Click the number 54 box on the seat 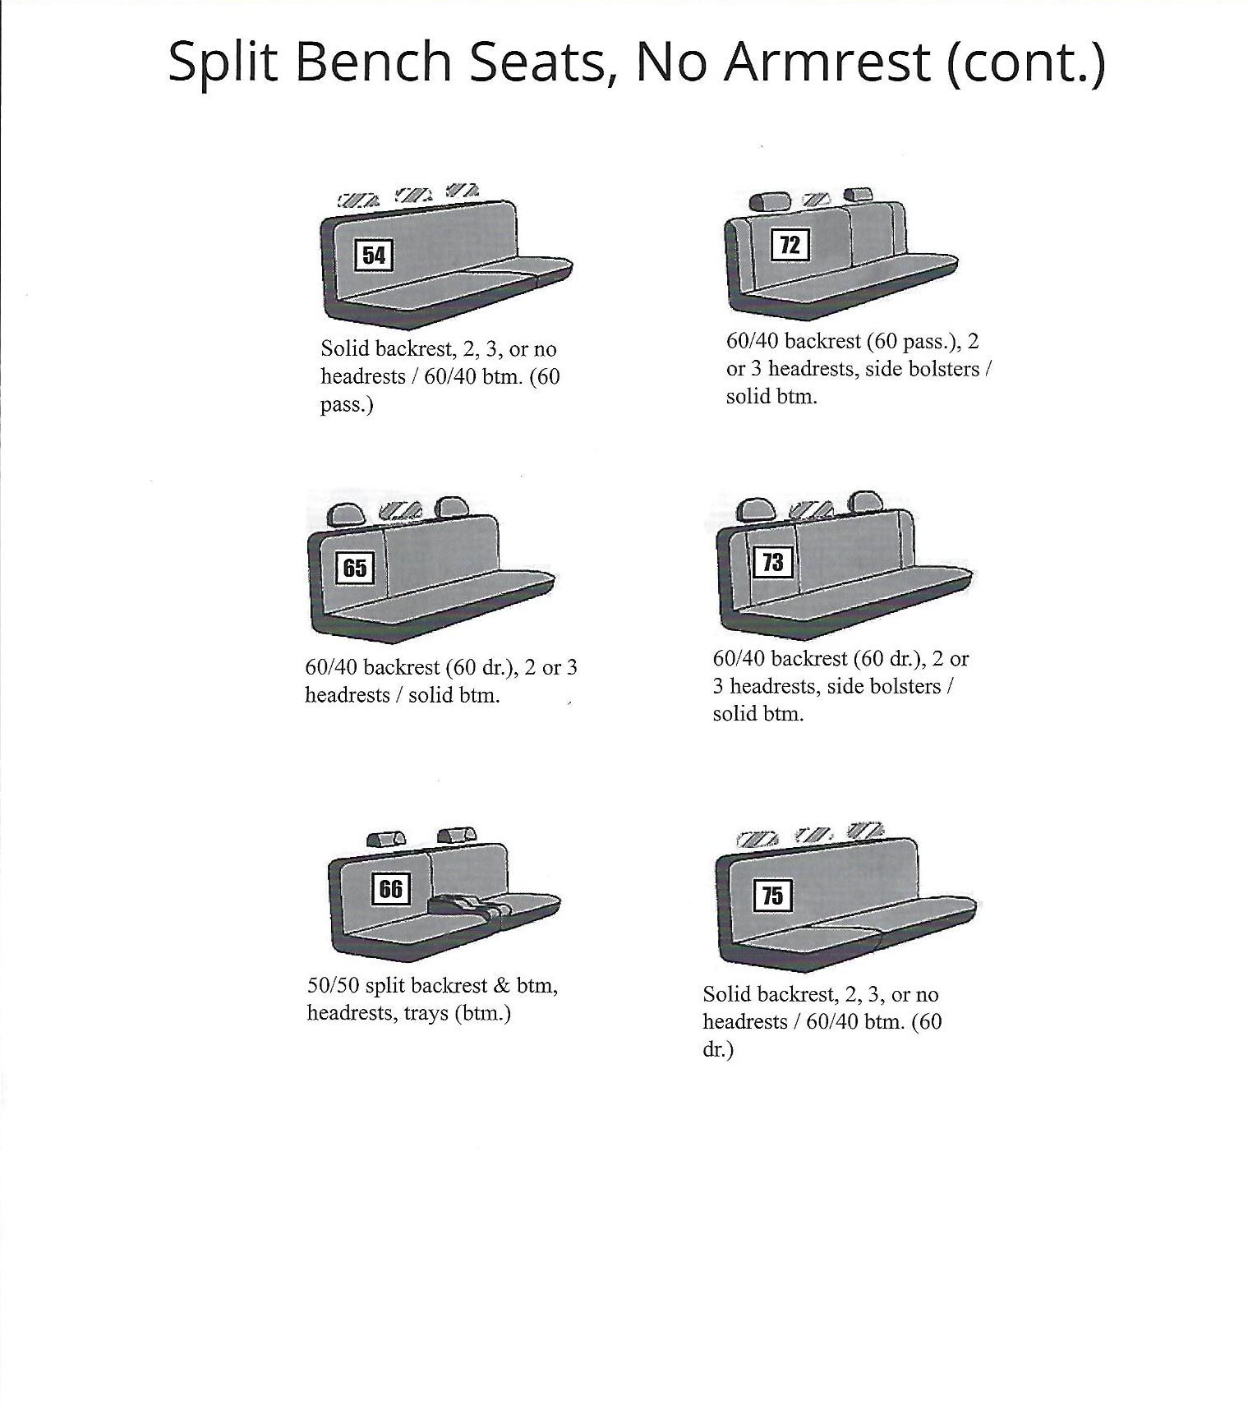pyautogui.click(x=374, y=255)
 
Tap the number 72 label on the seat pyautogui.click(x=790, y=245)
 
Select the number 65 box pyautogui.click(x=355, y=568)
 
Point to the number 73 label pyautogui.click(x=773, y=562)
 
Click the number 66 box pyautogui.click(x=390, y=888)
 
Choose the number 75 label pyautogui.click(x=772, y=895)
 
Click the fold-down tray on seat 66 pyautogui.click(x=460, y=906)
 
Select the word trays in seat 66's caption pyautogui.click(x=425, y=1013)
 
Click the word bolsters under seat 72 pyautogui.click(x=941, y=369)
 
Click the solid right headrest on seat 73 pyautogui.click(x=865, y=502)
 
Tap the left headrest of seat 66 pyautogui.click(x=385, y=839)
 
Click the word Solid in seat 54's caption pyautogui.click(x=345, y=348)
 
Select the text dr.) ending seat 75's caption pyautogui.click(x=717, y=1049)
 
